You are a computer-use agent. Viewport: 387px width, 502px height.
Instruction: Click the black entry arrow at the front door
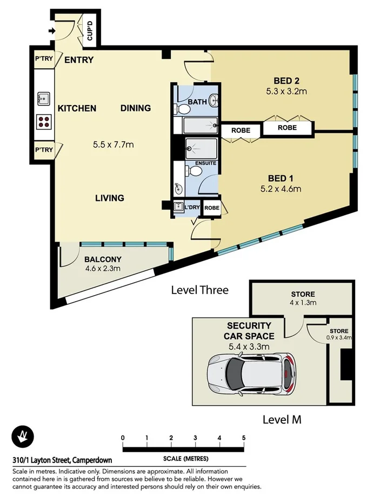51,31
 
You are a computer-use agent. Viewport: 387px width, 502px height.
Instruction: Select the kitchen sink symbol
43,99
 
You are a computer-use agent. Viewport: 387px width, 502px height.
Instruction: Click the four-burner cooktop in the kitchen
43,121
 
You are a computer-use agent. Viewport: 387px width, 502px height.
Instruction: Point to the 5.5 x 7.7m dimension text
113,145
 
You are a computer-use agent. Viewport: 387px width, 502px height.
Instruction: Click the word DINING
135,108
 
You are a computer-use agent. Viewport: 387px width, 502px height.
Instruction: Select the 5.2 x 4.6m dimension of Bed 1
280,189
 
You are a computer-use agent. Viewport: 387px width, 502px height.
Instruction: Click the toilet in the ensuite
193,172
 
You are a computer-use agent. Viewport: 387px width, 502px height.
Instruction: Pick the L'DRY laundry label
192,207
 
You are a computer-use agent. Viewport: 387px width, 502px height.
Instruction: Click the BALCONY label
103,259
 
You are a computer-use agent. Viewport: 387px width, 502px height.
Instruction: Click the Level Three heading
199,290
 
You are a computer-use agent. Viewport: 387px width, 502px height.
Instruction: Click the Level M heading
282,419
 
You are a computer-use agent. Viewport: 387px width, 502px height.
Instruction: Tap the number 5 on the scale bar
244,438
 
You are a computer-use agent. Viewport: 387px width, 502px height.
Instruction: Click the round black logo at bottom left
23,436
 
